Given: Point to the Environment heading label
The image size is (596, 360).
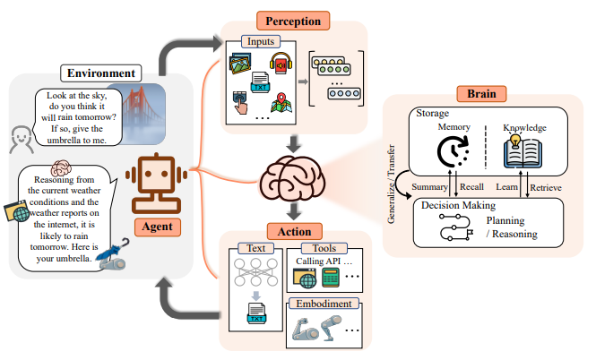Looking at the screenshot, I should tap(100, 72).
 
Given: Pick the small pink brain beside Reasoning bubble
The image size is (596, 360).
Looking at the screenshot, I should tap(61, 167).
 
